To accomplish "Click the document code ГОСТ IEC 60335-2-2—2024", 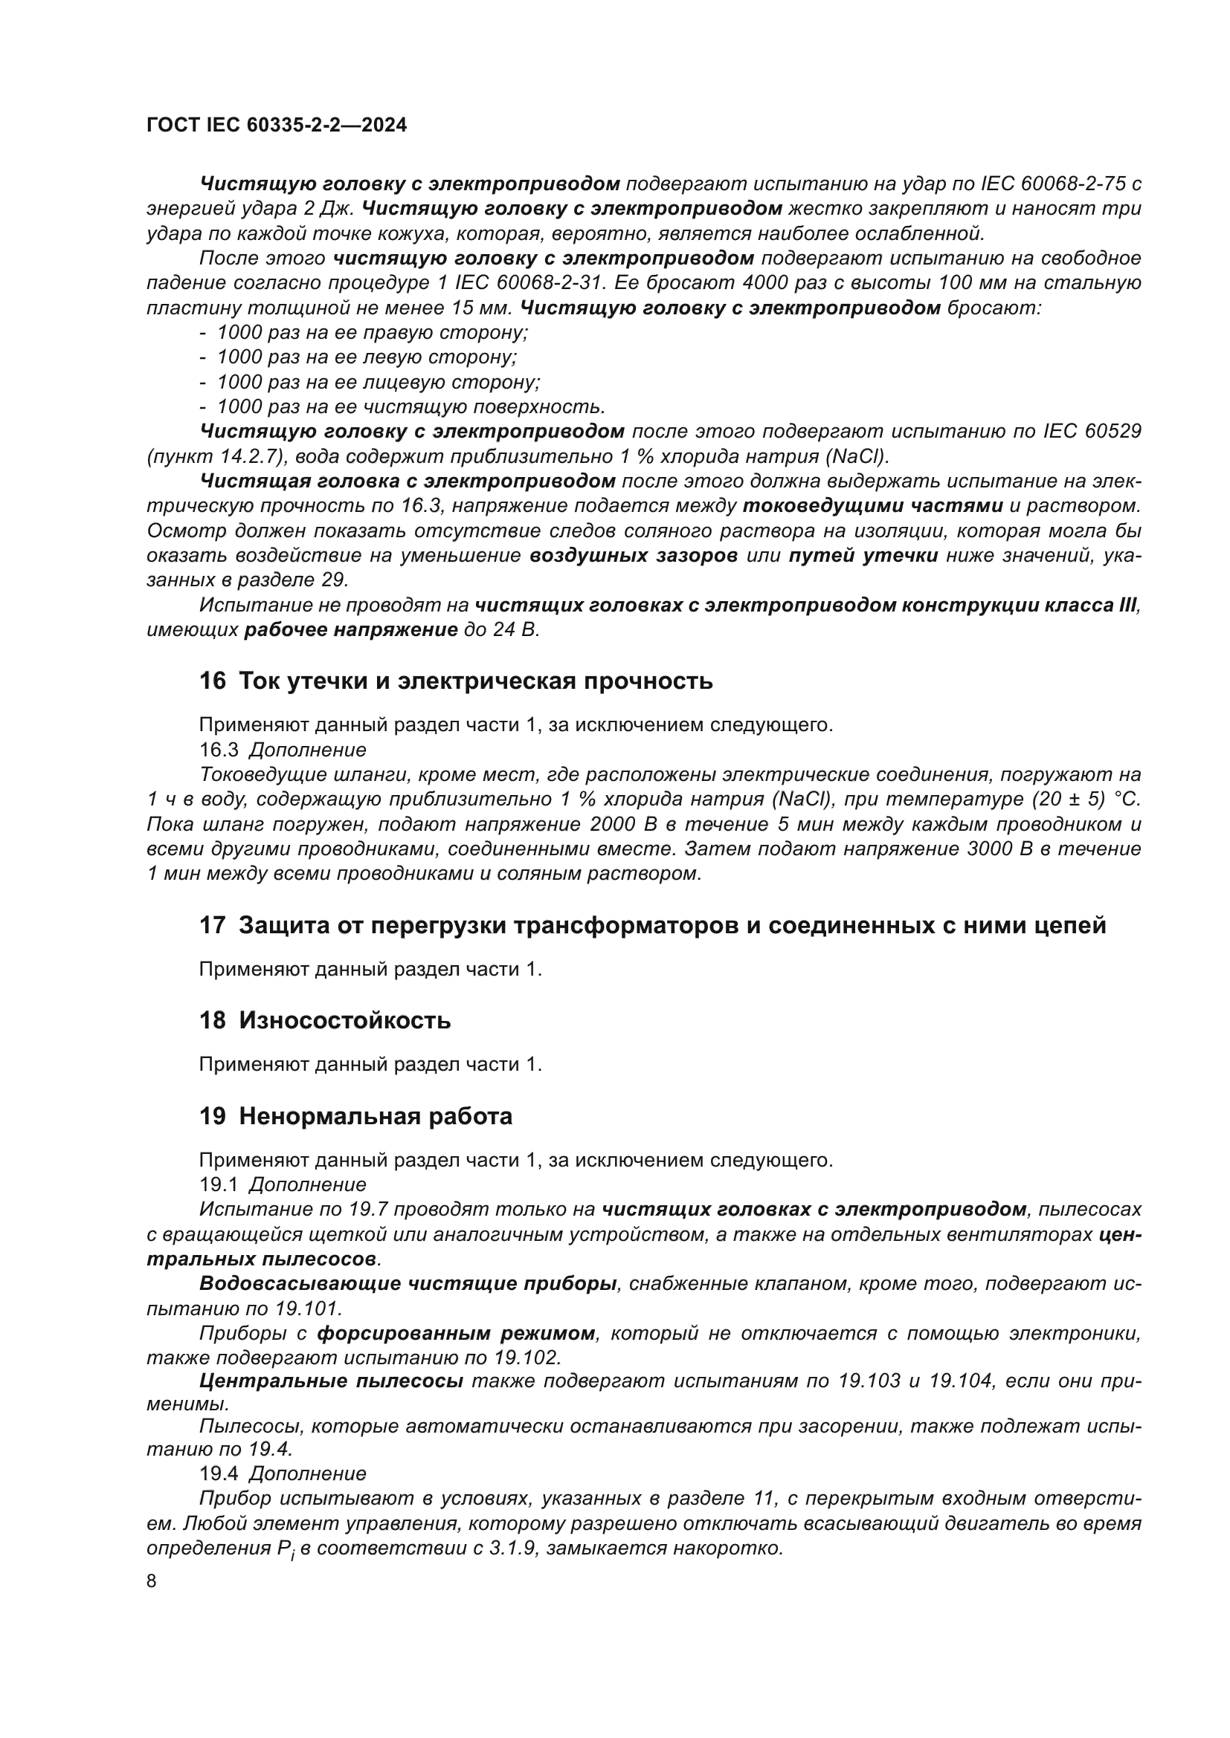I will [277, 125].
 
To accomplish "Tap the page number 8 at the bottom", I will [152, 1581].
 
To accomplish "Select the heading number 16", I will [212, 681].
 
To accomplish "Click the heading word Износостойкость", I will [344, 1020].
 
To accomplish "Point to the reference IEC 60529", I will [1092, 432].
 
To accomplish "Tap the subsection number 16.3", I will [218, 750].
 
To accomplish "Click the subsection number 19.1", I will [218, 1184].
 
